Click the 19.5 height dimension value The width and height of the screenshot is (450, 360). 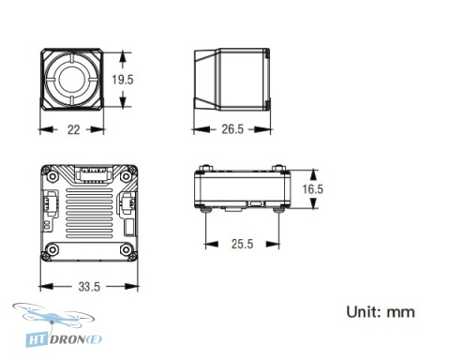(x=123, y=80)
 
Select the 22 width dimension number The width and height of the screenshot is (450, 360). (x=74, y=129)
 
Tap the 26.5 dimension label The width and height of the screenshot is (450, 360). (x=232, y=129)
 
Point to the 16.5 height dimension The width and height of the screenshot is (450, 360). (x=313, y=189)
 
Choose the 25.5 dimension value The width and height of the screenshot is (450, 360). (x=243, y=244)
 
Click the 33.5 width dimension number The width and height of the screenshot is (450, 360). (x=89, y=287)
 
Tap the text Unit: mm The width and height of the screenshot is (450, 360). (x=381, y=312)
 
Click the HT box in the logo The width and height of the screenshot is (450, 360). (x=37, y=339)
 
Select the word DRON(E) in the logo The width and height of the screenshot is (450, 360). (x=76, y=339)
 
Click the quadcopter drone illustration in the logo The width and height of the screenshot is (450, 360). (x=53, y=316)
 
